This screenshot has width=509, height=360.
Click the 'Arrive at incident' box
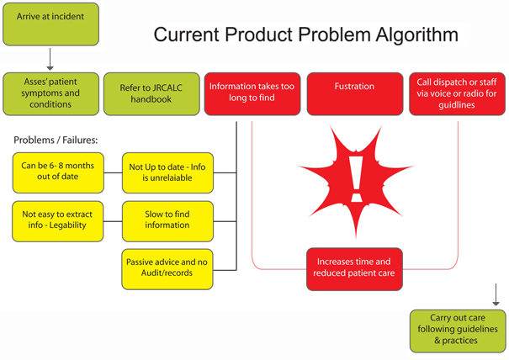[50, 24]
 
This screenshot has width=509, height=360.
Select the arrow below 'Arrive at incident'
[50, 59]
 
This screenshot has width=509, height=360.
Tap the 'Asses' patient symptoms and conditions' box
[50, 93]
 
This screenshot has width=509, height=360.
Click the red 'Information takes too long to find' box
[252, 93]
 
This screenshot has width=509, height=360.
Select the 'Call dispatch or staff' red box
[457, 93]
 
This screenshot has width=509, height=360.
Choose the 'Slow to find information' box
[167, 220]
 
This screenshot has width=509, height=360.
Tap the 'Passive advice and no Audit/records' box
[167, 267]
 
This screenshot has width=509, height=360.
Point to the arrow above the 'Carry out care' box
[495, 294]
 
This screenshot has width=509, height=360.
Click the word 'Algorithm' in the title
[409, 35]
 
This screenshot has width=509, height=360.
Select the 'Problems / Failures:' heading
[56, 139]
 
